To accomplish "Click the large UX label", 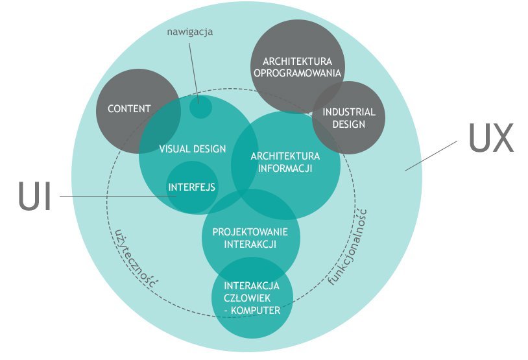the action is (491, 138).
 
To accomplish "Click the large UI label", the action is (34, 197).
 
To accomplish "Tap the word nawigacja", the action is (190, 32).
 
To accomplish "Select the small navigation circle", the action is (200, 108).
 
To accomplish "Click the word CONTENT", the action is (129, 109).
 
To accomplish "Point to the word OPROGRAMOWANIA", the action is (297, 73).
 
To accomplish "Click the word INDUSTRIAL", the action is (349, 112).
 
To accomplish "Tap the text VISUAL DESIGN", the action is (192, 149).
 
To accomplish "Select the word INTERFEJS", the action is (191, 187).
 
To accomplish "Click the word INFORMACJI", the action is (285, 168).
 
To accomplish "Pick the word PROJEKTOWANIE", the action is (250, 232).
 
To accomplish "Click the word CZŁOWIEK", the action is (247, 298).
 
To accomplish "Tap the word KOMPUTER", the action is (256, 311).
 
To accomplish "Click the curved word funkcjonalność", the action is (349, 248).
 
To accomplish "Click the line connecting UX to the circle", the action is (431, 156).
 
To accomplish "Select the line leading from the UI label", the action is (118, 196).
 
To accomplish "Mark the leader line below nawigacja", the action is (194, 73).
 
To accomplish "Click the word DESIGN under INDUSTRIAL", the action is (349, 125).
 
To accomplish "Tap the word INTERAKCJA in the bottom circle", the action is (252, 286).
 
